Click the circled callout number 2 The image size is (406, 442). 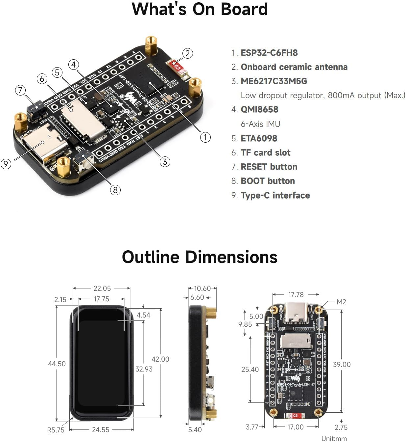[187, 53]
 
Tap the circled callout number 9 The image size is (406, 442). [6, 164]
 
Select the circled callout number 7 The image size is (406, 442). [20, 90]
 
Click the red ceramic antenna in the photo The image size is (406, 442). [178, 67]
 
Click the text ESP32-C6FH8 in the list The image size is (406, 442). [269, 53]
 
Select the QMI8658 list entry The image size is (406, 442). [259, 109]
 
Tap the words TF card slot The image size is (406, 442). [265, 152]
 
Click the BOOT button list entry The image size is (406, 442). [268, 181]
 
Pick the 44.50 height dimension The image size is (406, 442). [57, 364]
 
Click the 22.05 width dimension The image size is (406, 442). [102, 288]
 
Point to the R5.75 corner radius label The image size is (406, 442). [56, 429]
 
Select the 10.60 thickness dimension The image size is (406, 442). [202, 288]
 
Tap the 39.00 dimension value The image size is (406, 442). [342, 364]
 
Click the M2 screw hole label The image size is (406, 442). [341, 302]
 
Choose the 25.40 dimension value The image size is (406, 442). [250, 369]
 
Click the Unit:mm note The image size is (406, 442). [334, 438]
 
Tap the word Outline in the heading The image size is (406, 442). [150, 257]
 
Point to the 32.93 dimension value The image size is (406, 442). [144, 369]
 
